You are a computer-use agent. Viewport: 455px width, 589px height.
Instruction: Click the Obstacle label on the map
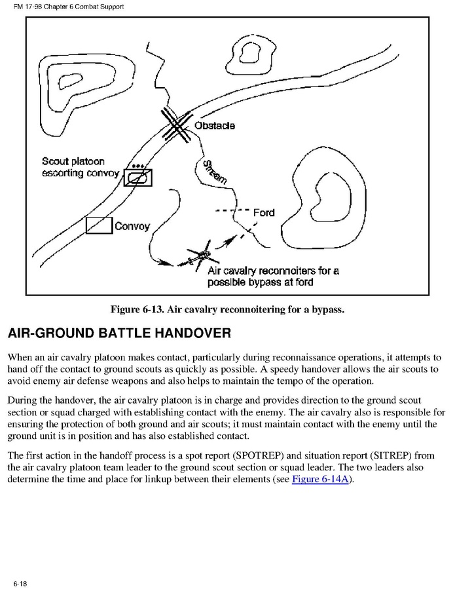215,125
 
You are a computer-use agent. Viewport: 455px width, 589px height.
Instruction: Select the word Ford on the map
264,212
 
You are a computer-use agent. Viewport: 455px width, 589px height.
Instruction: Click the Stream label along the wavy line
215,170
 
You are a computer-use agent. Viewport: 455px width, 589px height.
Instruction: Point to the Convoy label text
132,227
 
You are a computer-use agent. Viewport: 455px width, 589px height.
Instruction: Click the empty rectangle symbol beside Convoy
99,225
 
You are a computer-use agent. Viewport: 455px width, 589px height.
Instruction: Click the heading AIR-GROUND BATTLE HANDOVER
119,333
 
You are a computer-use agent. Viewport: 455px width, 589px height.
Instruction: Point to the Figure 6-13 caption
227,309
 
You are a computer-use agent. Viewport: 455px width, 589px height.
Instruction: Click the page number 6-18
19,582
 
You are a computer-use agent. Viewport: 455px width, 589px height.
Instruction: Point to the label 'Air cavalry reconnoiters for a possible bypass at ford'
273,276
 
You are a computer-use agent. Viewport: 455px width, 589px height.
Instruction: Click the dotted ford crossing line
233,212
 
